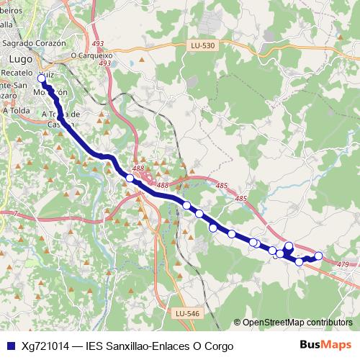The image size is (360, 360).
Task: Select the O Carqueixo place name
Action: (x=92, y=55)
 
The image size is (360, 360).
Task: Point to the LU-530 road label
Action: (x=204, y=45)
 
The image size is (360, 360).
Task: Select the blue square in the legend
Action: (x=10, y=346)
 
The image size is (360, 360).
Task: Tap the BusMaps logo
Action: (x=325, y=345)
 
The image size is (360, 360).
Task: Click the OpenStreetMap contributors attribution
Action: (x=297, y=323)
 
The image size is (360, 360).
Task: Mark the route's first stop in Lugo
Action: (x=42, y=78)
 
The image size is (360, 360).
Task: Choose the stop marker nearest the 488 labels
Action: (x=130, y=178)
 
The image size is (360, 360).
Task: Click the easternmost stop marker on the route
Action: (x=318, y=256)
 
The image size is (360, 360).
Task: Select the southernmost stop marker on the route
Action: (x=300, y=261)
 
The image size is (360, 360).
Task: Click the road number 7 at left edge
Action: (x=14, y=213)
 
